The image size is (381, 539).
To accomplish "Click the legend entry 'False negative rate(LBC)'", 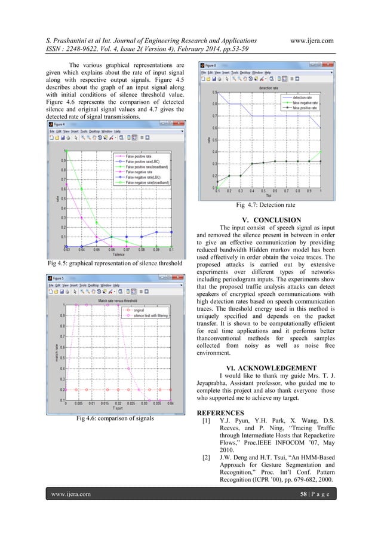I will point(146,177).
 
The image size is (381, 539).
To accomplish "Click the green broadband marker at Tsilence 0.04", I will point(81,189).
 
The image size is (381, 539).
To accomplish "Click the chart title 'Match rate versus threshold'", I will point(119,300).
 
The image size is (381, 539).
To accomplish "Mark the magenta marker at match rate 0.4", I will point(130,369).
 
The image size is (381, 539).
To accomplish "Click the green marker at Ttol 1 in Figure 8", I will point(321,152).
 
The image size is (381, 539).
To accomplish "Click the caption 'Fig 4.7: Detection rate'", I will point(267,206).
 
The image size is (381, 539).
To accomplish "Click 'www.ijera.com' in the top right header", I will point(311,40).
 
